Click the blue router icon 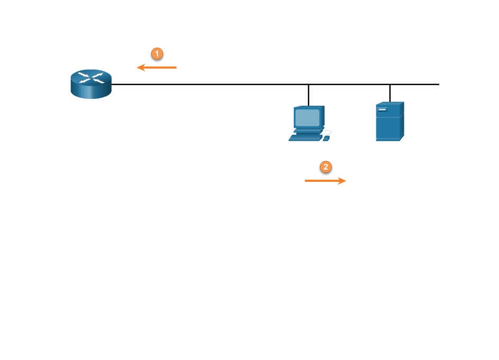[91, 84]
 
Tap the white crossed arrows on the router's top [91, 78]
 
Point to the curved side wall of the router [91, 92]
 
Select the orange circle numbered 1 [157, 53]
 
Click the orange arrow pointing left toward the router [161, 68]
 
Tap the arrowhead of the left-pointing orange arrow [141, 68]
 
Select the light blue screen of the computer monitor [308, 117]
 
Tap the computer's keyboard [306, 137]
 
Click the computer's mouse [326, 138]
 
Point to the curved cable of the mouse [328, 132]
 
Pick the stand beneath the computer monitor [308, 130]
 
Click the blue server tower [390, 122]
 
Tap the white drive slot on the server [382, 109]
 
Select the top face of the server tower [390, 103]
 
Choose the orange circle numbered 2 [326, 167]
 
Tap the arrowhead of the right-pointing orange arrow [343, 181]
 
